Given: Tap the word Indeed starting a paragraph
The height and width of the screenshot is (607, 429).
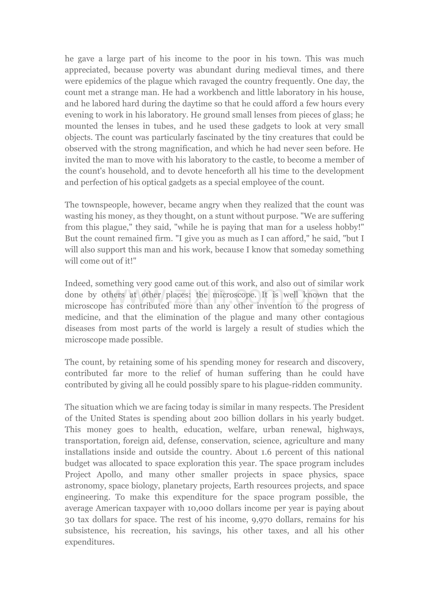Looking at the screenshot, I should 78,283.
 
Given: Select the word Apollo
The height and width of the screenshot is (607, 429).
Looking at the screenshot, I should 111,475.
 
